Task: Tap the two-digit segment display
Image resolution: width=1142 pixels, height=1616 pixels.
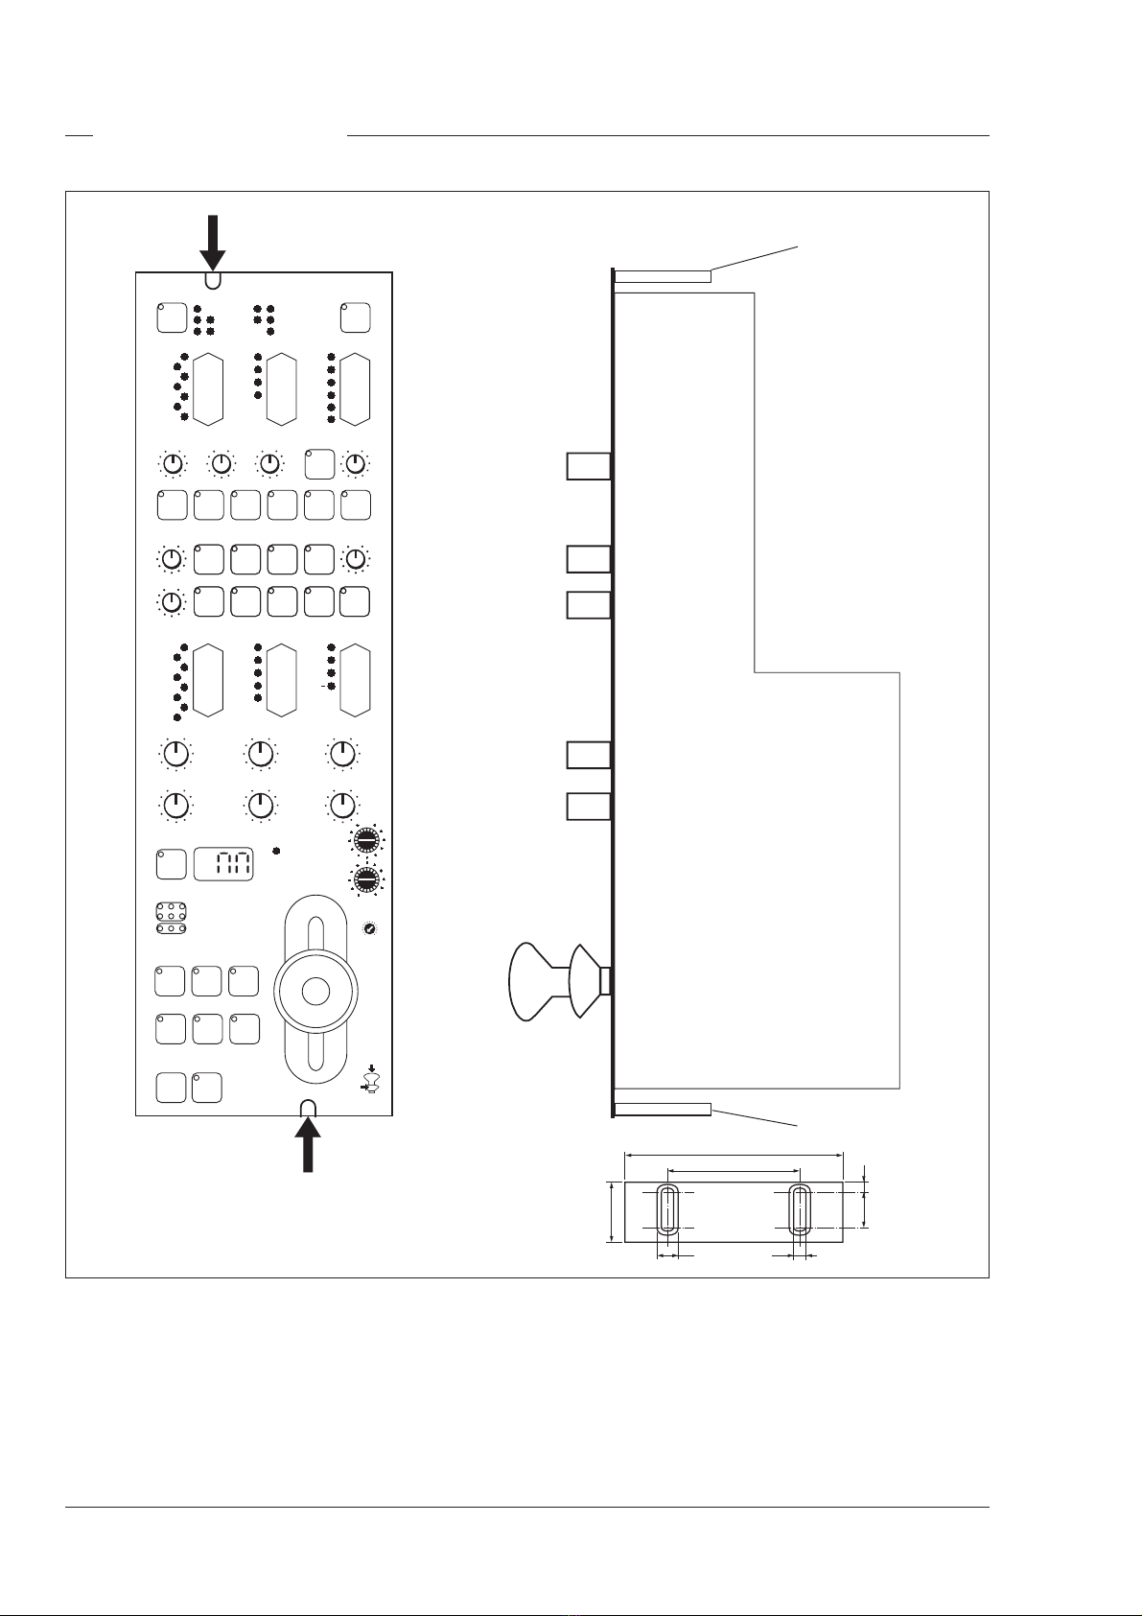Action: [224, 864]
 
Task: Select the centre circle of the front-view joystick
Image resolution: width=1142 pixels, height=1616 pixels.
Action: [315, 991]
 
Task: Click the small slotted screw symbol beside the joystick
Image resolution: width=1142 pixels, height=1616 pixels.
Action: [370, 929]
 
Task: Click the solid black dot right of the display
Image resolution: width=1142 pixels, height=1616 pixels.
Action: [276, 851]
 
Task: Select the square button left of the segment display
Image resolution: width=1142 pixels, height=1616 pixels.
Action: [170, 863]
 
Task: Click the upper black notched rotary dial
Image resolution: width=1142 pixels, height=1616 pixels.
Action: [365, 841]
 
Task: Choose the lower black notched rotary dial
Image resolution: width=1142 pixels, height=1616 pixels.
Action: [365, 879]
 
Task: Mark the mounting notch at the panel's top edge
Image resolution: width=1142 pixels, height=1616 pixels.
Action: [213, 280]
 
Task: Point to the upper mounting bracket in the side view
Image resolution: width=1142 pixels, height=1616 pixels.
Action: [662, 277]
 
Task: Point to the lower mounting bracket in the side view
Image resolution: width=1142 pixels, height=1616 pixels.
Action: [662, 1110]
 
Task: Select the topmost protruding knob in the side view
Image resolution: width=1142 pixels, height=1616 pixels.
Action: [587, 466]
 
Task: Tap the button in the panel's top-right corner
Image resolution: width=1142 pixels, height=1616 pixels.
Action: [355, 317]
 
